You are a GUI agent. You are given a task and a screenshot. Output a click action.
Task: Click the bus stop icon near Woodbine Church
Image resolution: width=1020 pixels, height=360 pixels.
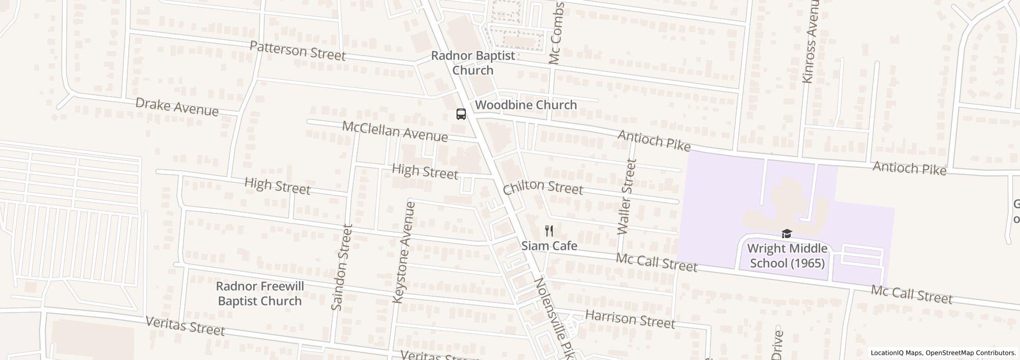click(461, 114)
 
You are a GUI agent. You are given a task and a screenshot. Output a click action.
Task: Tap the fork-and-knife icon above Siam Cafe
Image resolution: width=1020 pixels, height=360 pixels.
click(549, 231)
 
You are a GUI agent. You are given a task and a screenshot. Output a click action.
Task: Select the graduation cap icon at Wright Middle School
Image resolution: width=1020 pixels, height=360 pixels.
click(786, 234)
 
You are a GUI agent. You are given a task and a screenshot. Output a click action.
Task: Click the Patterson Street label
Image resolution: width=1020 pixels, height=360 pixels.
click(297, 50)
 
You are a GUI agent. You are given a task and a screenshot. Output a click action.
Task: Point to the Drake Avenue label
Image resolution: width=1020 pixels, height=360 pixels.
click(177, 106)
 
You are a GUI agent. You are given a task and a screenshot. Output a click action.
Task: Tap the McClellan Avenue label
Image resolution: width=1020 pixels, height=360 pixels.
click(395, 131)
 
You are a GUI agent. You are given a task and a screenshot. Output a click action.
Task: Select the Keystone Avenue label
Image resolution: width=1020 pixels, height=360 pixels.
click(404, 252)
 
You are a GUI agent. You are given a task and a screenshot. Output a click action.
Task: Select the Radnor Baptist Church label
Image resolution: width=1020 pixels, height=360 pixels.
click(473, 63)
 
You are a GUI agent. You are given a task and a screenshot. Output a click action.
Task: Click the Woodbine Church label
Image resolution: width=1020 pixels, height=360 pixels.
click(526, 105)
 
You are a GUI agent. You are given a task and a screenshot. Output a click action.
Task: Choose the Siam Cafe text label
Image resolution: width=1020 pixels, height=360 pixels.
click(549, 246)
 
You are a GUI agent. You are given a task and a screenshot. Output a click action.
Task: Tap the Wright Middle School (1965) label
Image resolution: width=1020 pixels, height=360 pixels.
click(787, 256)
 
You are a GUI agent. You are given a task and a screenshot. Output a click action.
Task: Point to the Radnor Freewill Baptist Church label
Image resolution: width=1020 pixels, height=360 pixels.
click(260, 294)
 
